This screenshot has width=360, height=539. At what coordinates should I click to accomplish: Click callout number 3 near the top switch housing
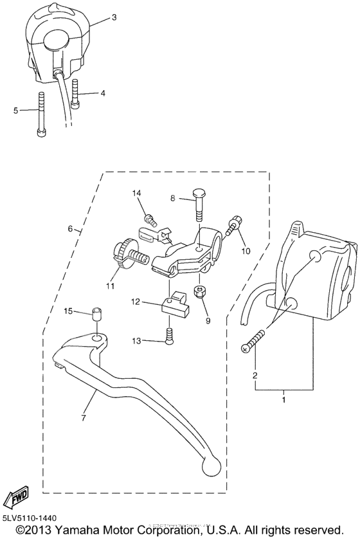(114, 18)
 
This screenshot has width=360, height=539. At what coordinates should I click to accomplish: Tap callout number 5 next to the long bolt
(15, 110)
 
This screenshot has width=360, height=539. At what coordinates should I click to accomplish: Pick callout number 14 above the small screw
(136, 193)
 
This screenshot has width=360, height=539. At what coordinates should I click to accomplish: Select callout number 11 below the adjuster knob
(110, 286)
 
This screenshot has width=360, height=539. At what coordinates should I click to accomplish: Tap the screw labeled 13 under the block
(170, 336)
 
